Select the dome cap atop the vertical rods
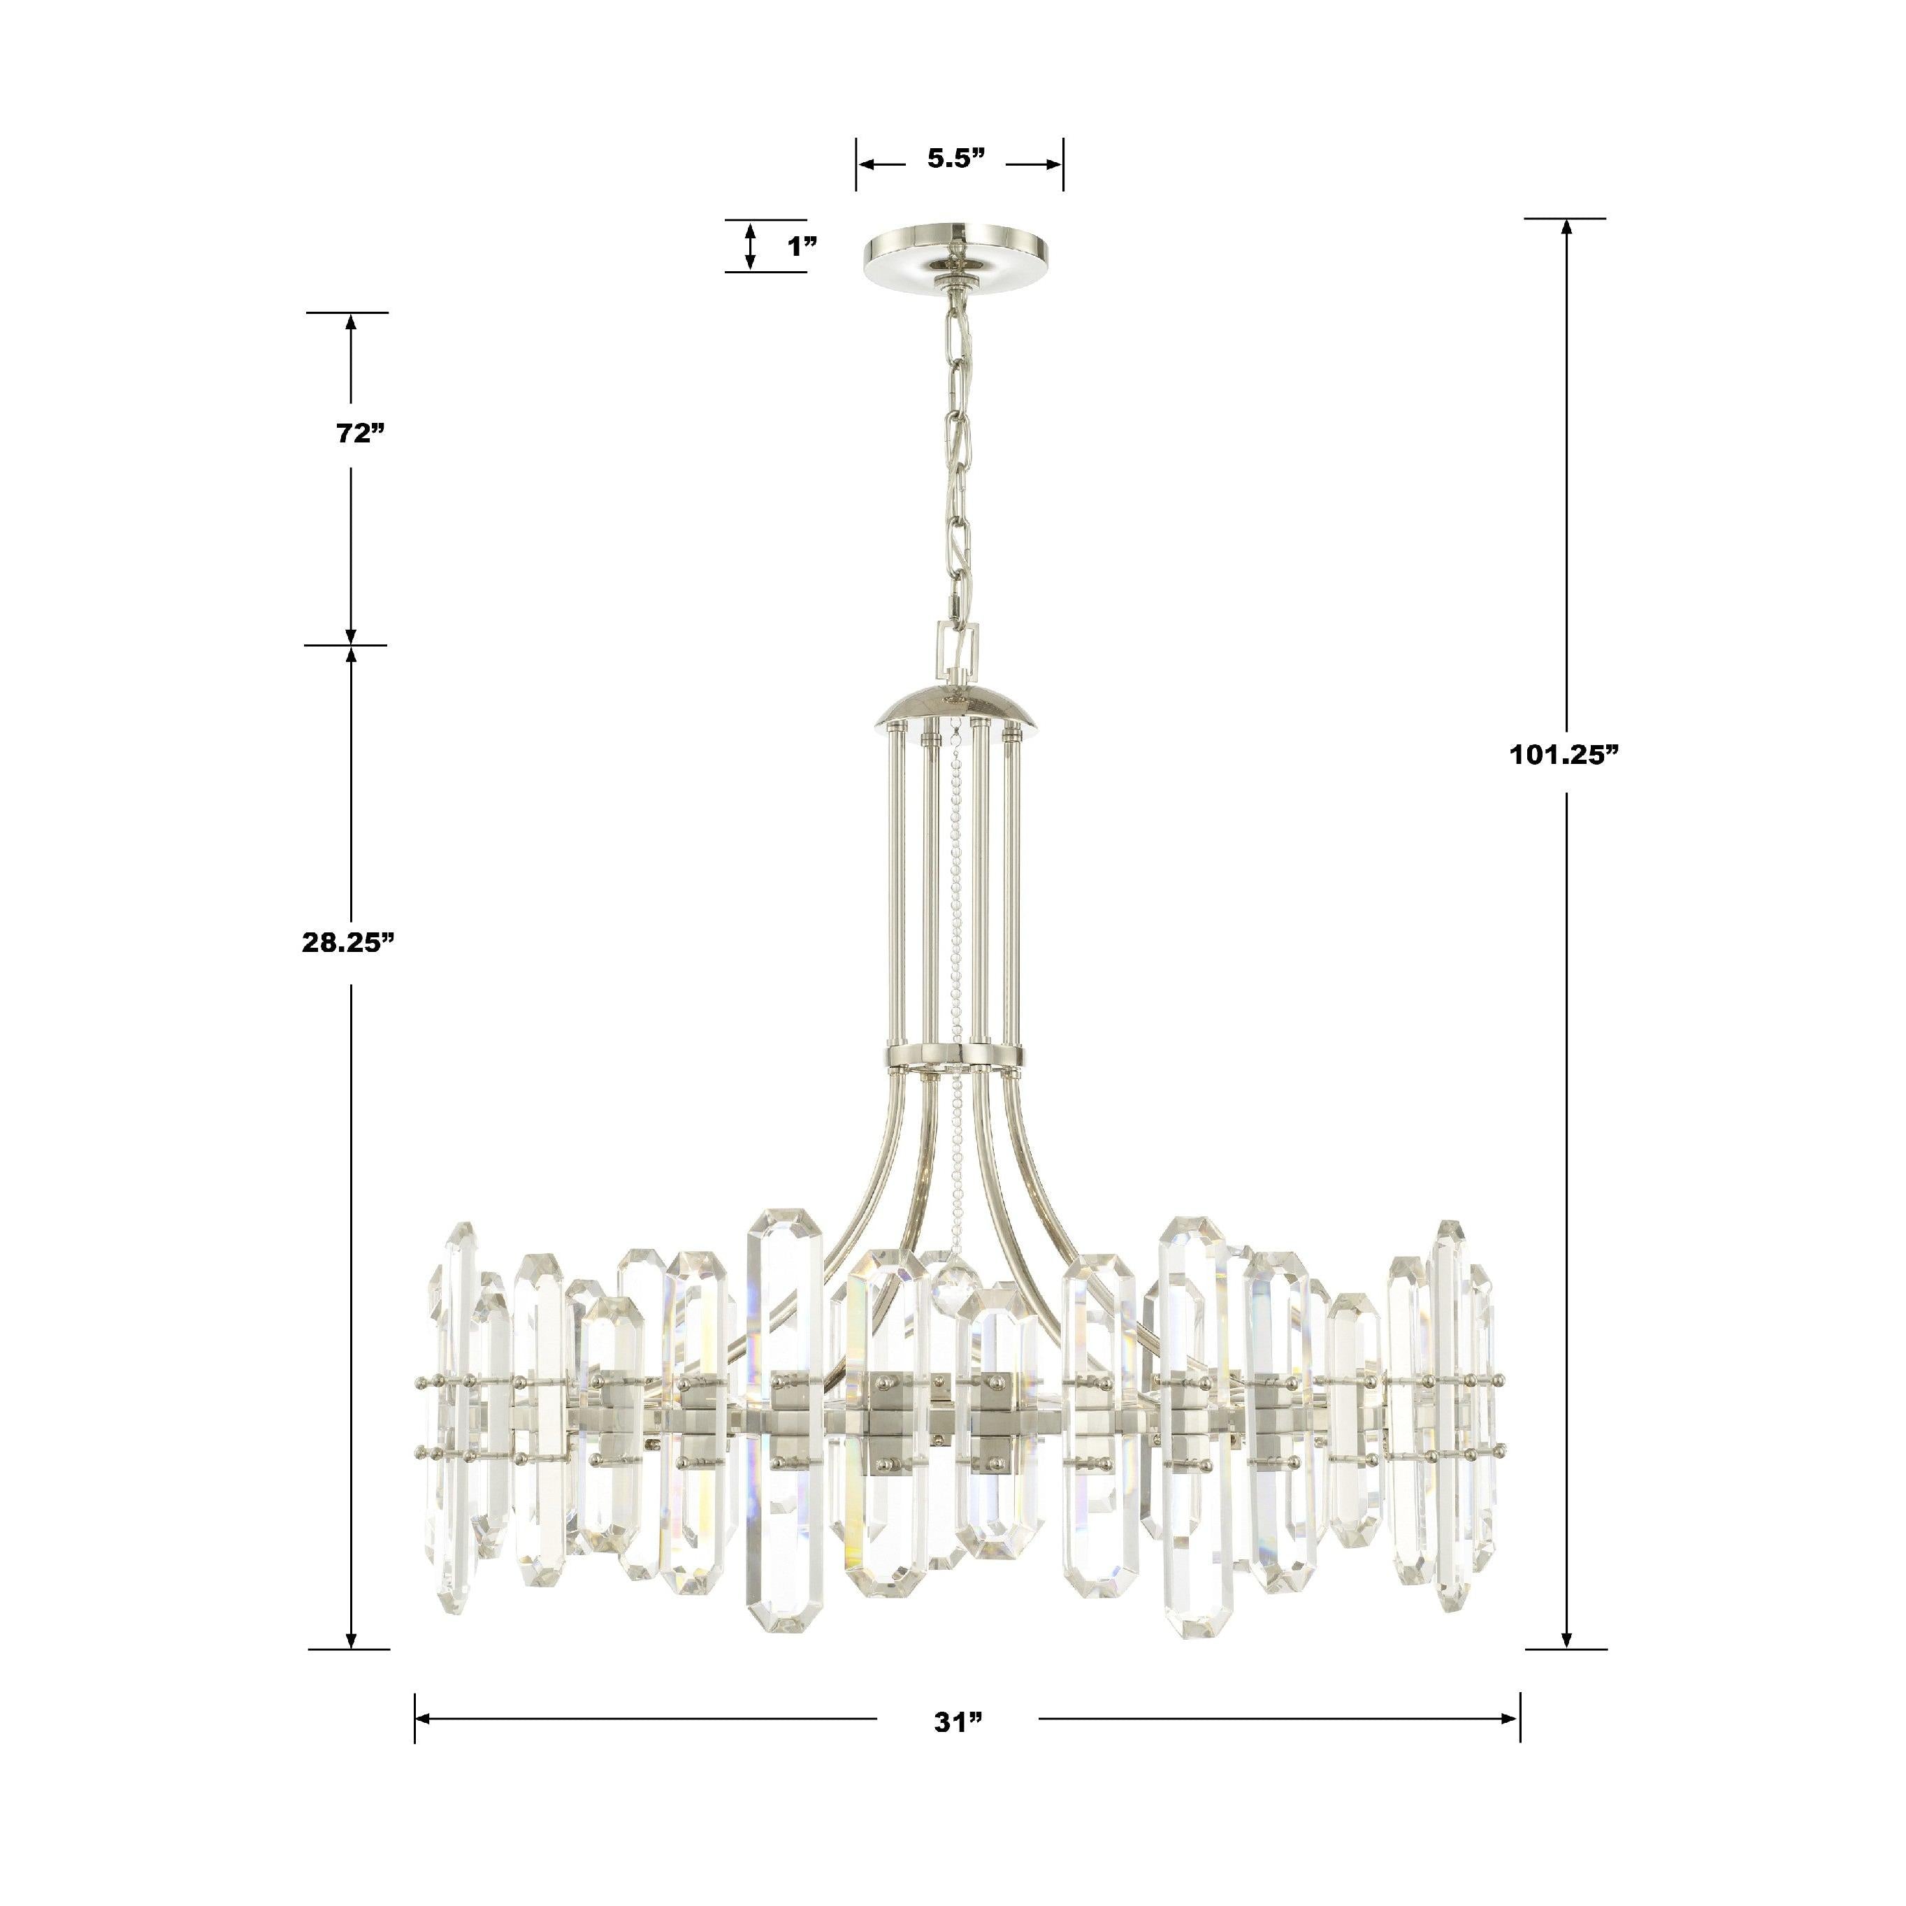pyautogui.click(x=956, y=708)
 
